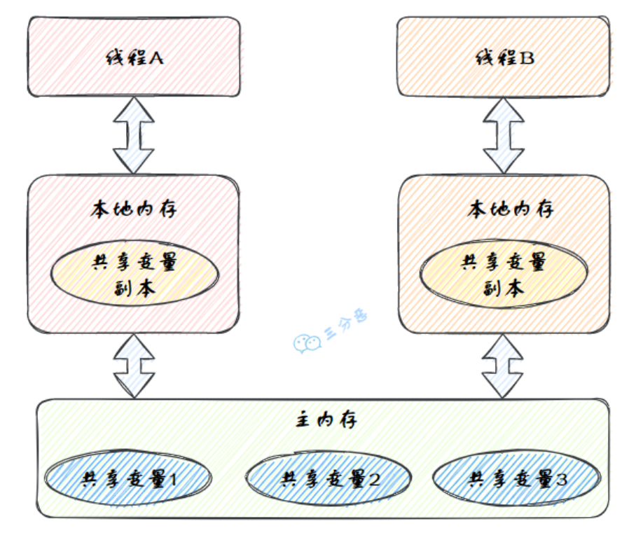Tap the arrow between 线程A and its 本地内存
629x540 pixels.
pos(134,135)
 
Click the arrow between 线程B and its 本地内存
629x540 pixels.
pos(503,135)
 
